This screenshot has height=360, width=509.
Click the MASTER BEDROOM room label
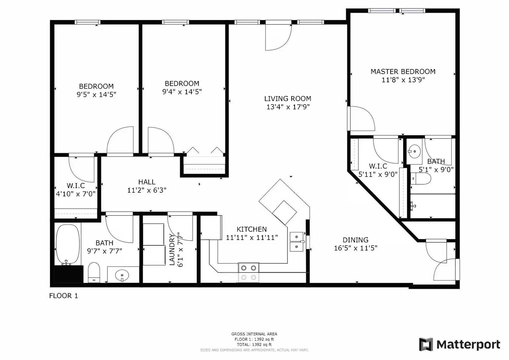coord(403,72)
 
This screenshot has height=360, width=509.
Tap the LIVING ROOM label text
coord(287,99)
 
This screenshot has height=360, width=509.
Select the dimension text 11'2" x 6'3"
coord(147,190)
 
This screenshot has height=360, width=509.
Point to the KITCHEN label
coord(252,229)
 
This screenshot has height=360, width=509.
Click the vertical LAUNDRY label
coord(172,249)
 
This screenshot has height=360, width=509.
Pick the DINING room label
coord(355,240)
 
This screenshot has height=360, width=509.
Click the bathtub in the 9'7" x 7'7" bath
coord(68,245)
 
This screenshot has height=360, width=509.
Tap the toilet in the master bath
coord(421,178)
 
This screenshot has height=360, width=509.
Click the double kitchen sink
coord(297,242)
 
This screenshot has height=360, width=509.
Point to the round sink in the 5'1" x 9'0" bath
coord(414,151)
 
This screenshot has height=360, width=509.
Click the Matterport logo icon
coord(426,344)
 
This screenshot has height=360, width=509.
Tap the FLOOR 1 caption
coord(64,296)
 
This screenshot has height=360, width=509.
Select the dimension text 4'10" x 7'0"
coord(76,194)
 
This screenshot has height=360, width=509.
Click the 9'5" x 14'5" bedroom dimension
coord(96,95)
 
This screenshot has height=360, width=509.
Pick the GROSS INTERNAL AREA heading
coord(254,334)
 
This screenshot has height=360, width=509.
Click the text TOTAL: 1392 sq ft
coord(254,345)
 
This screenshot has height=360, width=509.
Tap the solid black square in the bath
coord(69,274)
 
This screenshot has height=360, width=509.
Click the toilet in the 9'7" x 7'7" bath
coord(94,272)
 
